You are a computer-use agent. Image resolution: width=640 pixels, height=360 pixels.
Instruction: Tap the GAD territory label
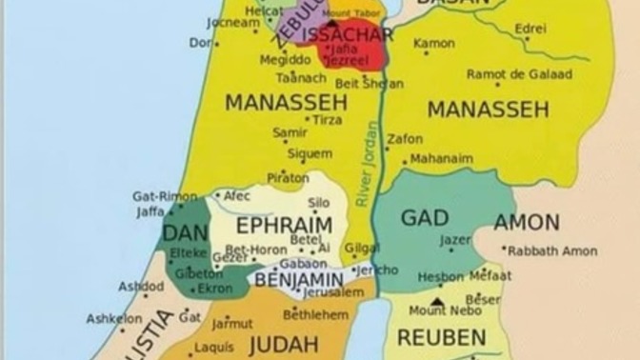[424, 218]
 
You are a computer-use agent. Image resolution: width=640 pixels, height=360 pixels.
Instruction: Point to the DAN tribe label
[185, 233]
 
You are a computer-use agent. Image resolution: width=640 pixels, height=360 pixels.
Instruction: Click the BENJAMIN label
[298, 278]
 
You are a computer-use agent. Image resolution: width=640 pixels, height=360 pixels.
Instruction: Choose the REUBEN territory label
[441, 337]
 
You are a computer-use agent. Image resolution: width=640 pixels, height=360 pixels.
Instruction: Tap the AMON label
[527, 223]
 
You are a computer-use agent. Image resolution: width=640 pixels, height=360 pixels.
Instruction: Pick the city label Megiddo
[285, 59]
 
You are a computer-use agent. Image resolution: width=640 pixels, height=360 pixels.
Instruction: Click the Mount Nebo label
[440, 310]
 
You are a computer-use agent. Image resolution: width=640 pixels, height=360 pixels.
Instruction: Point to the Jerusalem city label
[332, 292]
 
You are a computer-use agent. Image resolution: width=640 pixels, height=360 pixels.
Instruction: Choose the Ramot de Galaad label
[519, 74]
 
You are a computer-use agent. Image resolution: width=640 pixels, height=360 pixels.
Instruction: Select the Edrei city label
[530, 29]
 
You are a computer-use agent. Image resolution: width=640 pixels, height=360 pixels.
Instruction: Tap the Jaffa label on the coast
[150, 211]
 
